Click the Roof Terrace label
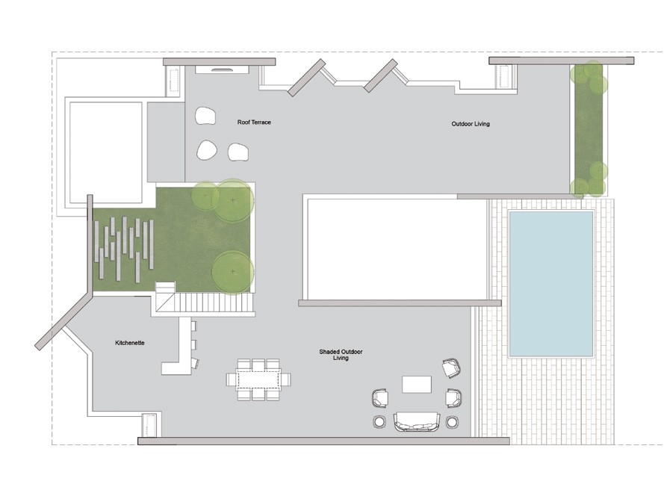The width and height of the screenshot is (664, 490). coord(254,122)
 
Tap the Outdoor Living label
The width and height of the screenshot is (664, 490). coord(471,124)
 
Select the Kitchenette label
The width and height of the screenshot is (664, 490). coord(130,343)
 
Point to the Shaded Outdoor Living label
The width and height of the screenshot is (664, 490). coord(341,355)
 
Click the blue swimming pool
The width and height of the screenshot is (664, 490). coord(551,284)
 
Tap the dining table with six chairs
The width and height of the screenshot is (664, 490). coord(258,379)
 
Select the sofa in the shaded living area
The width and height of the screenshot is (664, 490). coord(417,421)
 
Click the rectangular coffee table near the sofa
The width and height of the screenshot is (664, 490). coord(417,385)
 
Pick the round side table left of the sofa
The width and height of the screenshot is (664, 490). coord(379,422)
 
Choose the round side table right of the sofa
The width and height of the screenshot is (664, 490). coord(453,422)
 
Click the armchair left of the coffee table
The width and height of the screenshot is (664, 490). coord(380,399)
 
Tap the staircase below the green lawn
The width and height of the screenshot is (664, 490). coord(205,299)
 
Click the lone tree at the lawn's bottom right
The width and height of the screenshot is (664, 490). coord(232,271)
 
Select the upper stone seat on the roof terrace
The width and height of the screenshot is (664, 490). coord(206,116)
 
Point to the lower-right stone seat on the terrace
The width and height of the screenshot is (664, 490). coord(238,152)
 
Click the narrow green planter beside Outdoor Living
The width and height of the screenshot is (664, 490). coord(589,129)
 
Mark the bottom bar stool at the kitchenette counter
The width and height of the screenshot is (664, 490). coord(195,363)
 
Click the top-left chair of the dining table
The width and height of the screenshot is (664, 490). coord(244,364)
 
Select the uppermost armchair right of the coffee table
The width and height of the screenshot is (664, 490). coord(451,367)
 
